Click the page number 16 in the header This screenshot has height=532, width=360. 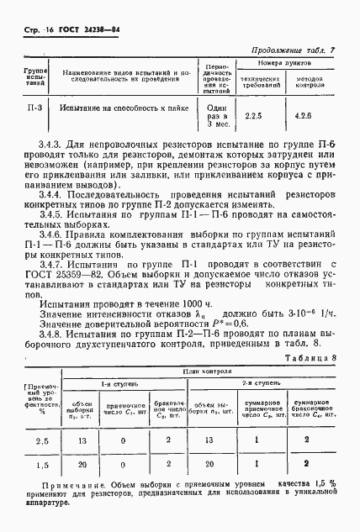[41, 29]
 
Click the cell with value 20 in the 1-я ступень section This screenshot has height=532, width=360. [83, 463]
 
